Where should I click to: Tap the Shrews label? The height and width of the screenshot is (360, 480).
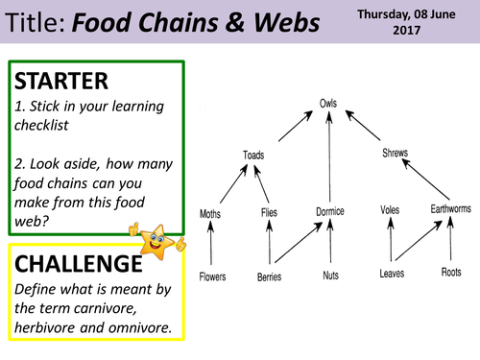click(x=396, y=153)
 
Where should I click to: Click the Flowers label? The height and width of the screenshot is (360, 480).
click(x=212, y=276)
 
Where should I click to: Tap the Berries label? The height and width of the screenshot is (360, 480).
click(x=270, y=276)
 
